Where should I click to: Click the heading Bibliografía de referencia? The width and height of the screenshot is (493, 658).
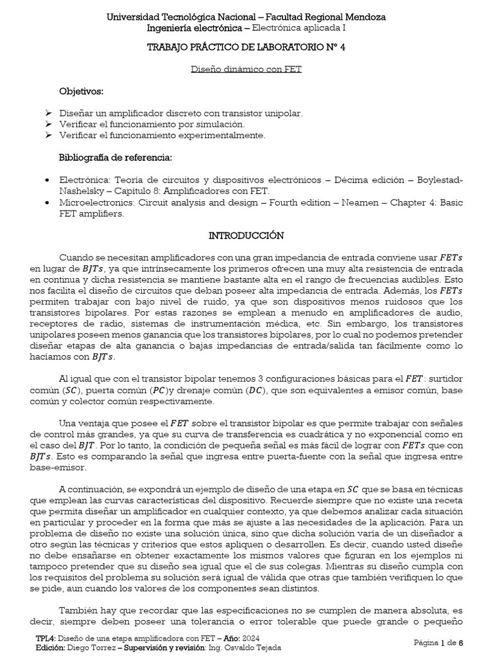tap(115, 157)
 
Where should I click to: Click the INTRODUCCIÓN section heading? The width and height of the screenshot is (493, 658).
tap(246, 236)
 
